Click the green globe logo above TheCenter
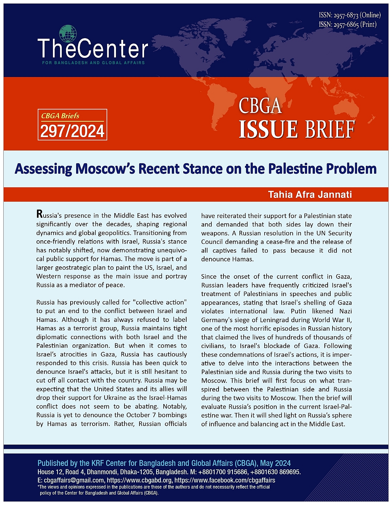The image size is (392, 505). point(68,34)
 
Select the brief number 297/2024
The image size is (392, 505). point(72,131)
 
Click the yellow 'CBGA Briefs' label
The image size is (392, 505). point(60,116)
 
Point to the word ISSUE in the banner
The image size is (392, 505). point(268,129)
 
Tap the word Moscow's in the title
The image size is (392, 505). point(105,169)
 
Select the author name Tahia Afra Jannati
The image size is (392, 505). point(310,195)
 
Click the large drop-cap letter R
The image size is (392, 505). point(40,214)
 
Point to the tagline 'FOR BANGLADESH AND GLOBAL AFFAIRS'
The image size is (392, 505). point(93,63)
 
